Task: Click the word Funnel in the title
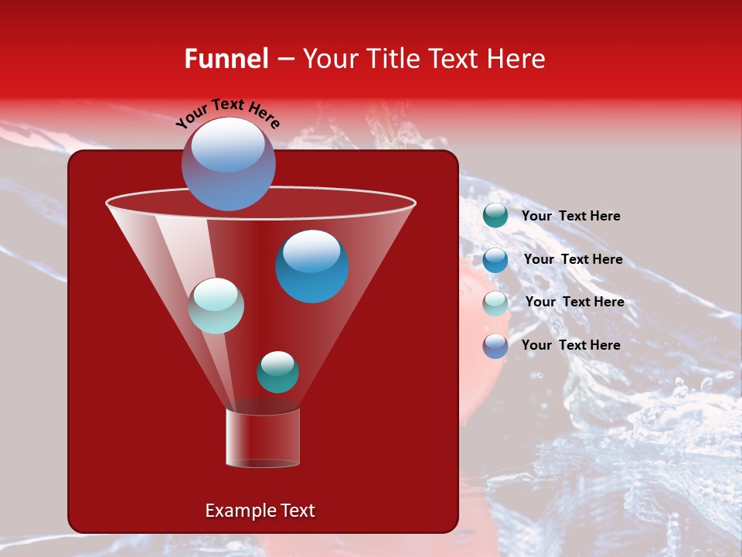[x=226, y=59]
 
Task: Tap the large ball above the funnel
[x=228, y=164]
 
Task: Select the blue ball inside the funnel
[x=311, y=267]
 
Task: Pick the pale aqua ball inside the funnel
[x=216, y=306]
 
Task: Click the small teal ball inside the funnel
[x=277, y=372]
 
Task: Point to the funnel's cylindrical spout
[x=262, y=438]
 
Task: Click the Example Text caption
[x=260, y=511]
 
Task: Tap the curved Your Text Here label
[x=228, y=113]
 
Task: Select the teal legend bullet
[x=495, y=216]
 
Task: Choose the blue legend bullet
[x=495, y=260]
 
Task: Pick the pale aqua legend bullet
[x=495, y=303]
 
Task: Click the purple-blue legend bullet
[x=495, y=346]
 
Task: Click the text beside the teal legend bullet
[x=570, y=217]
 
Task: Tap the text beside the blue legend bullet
[x=573, y=260]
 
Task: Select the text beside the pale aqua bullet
[x=574, y=302]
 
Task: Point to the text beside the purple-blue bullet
[x=570, y=345]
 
